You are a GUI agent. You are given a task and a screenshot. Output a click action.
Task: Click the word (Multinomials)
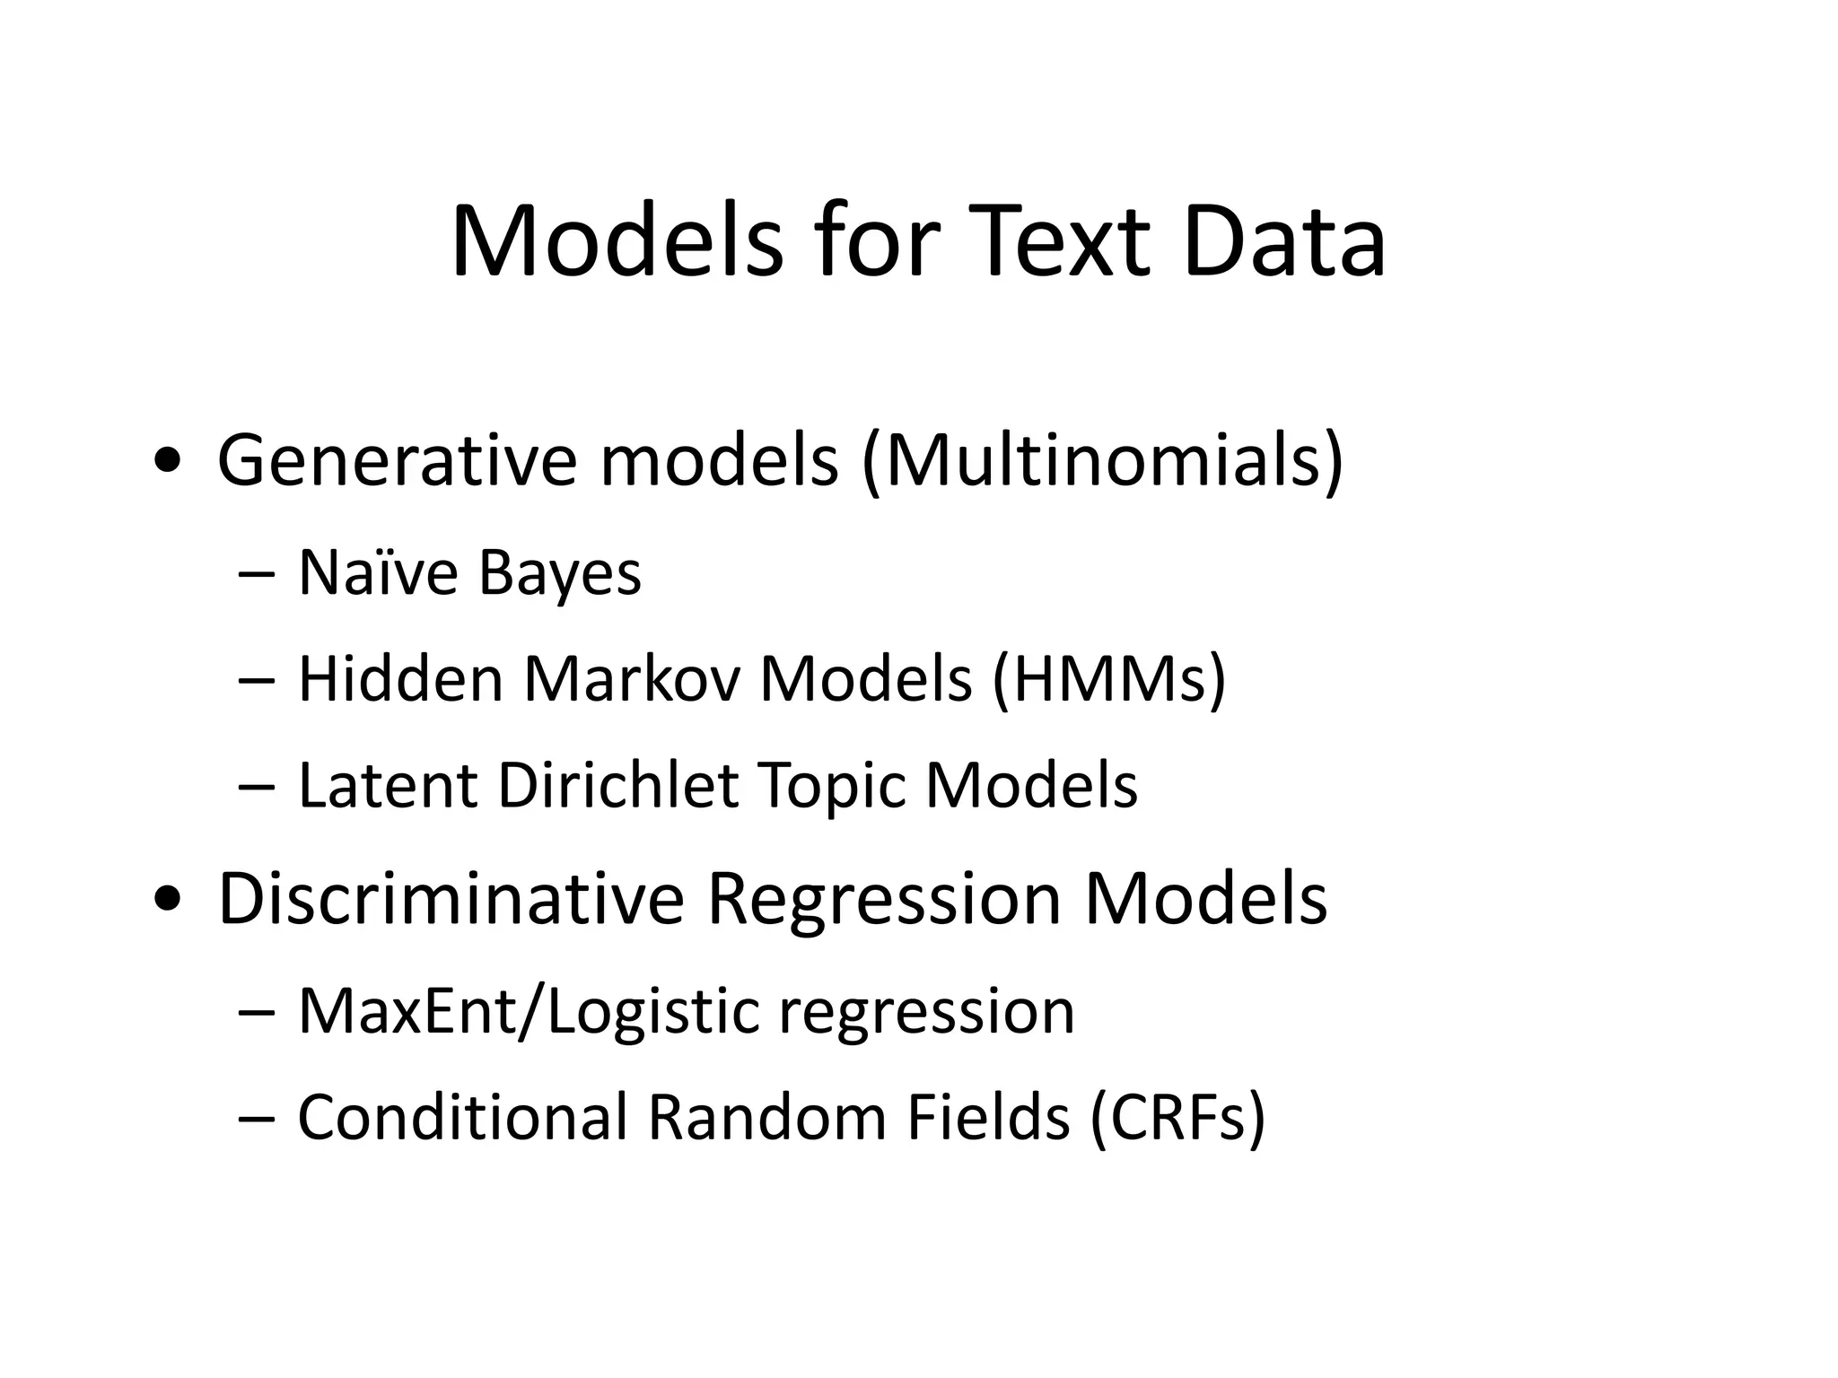click(x=1102, y=461)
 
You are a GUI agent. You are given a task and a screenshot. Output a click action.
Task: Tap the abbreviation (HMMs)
click(x=1108, y=679)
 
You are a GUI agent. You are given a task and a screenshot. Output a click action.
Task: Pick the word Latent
click(x=387, y=786)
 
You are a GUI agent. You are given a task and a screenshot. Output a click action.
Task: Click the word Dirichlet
click(x=618, y=786)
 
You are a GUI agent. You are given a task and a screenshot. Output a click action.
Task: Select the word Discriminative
click(x=451, y=899)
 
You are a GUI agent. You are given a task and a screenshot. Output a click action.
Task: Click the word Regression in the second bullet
click(x=884, y=901)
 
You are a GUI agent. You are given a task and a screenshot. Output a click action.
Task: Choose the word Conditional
click(x=462, y=1118)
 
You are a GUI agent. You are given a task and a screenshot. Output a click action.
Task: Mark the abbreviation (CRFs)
click(x=1177, y=1118)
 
